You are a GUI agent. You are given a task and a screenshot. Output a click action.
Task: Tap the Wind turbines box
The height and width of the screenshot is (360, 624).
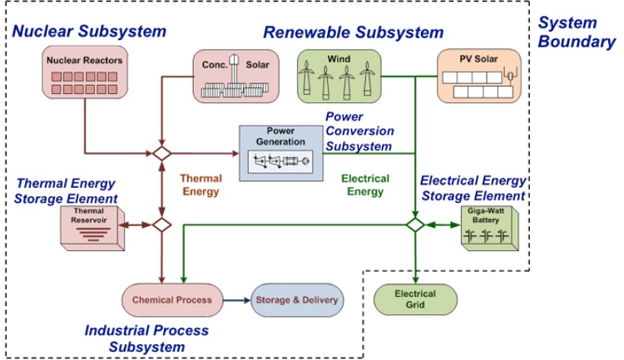tap(339, 74)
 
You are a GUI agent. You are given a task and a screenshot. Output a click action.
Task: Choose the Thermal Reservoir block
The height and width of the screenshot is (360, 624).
tap(92, 225)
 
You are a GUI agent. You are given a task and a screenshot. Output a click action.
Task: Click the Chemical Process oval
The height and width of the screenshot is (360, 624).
tap(171, 299)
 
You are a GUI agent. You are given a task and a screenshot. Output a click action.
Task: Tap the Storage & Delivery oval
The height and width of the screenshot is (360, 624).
tap(296, 299)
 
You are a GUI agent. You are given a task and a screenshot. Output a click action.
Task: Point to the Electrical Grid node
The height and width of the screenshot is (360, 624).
tap(416, 298)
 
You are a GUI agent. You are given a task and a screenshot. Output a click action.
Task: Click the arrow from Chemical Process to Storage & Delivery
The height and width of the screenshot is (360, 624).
tap(236, 299)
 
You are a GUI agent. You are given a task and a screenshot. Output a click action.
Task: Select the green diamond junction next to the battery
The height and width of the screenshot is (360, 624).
tap(416, 224)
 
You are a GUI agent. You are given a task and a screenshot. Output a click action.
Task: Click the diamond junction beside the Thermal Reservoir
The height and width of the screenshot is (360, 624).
tap(161, 224)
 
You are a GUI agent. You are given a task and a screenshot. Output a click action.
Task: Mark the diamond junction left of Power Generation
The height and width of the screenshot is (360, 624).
tap(161, 154)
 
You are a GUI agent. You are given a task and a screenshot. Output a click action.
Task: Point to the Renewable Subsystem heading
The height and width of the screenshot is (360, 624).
tap(353, 32)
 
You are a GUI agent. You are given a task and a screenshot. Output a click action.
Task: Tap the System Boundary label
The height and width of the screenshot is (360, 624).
tap(577, 32)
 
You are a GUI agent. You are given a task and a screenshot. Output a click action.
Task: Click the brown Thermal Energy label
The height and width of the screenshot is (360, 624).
tap(202, 185)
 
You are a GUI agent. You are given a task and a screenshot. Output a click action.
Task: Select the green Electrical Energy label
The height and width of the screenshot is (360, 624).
tap(363, 185)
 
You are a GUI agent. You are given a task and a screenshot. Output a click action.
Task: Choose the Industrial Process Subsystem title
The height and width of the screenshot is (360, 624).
tap(147, 338)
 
